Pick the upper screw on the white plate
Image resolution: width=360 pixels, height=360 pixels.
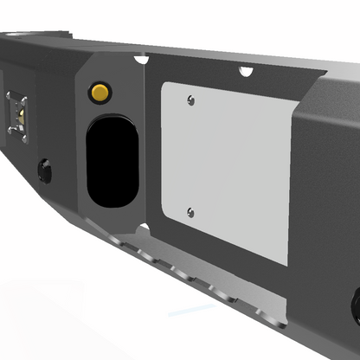190,100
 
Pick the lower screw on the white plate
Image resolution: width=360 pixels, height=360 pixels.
190,212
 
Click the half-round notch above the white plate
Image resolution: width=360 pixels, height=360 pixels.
246,70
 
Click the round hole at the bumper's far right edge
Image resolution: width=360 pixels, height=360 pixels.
355,303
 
